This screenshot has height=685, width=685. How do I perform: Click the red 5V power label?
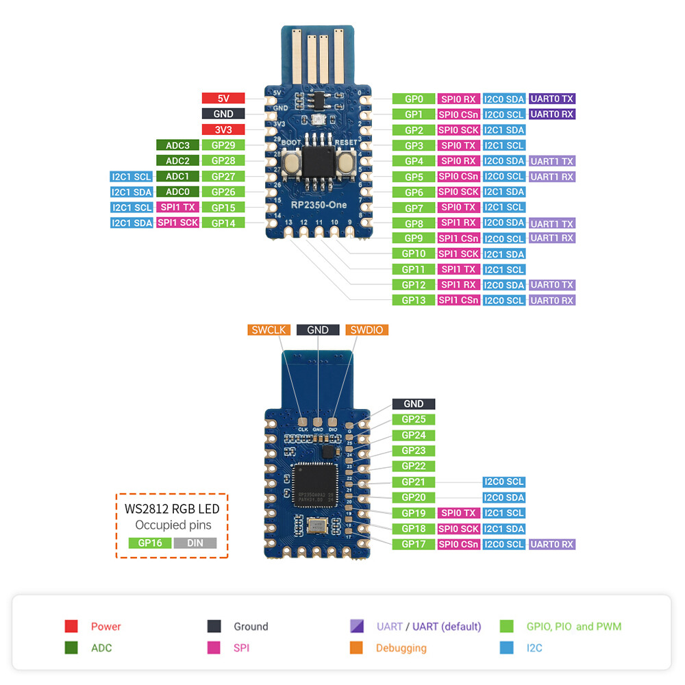223,98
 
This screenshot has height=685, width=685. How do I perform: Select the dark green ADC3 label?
177,145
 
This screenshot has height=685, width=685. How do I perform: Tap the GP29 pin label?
223,145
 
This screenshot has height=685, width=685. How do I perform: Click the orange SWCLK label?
269,329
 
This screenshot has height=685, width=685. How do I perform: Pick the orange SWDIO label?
366,329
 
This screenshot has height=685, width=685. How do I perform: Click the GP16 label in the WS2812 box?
149,543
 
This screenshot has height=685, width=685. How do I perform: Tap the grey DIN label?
195,543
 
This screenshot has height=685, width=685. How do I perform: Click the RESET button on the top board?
345,162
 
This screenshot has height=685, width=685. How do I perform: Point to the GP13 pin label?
414,300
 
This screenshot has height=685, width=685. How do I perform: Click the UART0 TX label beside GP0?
552,99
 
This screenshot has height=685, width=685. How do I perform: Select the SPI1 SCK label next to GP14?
177,223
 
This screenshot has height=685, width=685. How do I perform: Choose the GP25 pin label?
414,419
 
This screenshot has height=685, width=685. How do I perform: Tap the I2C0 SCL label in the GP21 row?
504,482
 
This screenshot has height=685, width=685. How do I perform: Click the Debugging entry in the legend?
401,647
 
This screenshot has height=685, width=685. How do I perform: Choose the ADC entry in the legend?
101,647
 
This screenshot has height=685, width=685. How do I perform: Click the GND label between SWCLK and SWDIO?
318,329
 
